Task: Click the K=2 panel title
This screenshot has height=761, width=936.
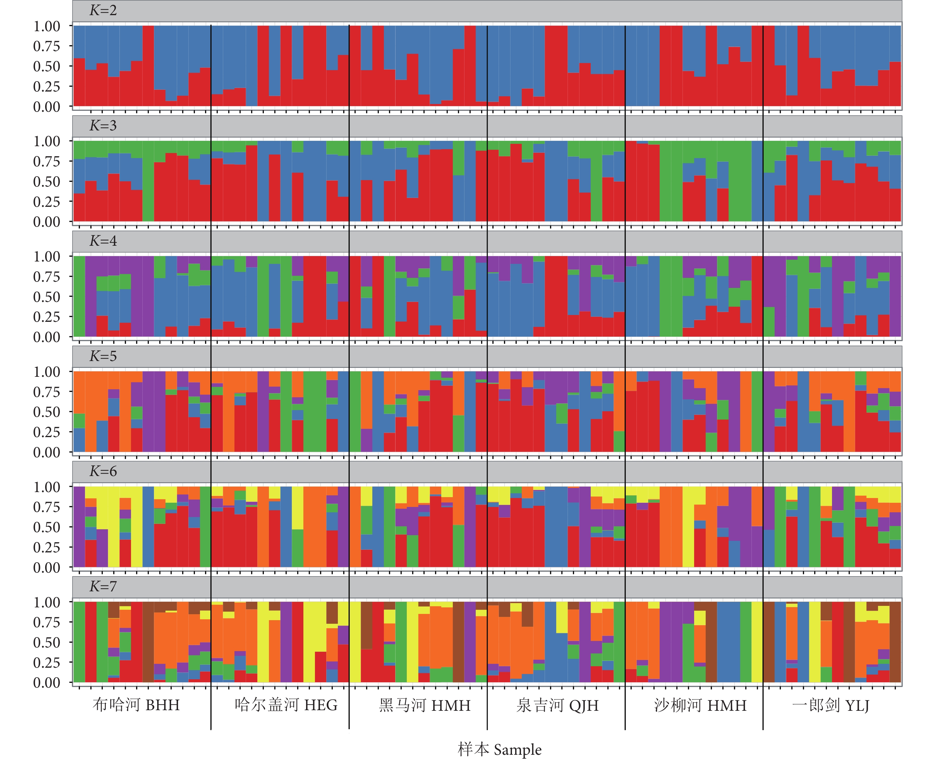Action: [103, 10]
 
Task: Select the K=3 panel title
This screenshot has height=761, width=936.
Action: [103, 126]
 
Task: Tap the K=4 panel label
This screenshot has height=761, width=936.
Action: [103, 241]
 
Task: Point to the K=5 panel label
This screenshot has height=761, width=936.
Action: [103, 356]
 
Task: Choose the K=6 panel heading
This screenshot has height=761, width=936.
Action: [103, 472]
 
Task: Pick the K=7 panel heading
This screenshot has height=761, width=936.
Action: [103, 587]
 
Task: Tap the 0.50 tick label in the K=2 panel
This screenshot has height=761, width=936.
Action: [46, 67]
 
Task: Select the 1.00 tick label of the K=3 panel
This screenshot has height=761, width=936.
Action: [46, 141]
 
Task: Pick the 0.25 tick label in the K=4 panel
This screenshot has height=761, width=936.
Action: [46, 317]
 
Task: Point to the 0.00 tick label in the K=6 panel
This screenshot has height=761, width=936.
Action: [46, 568]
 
